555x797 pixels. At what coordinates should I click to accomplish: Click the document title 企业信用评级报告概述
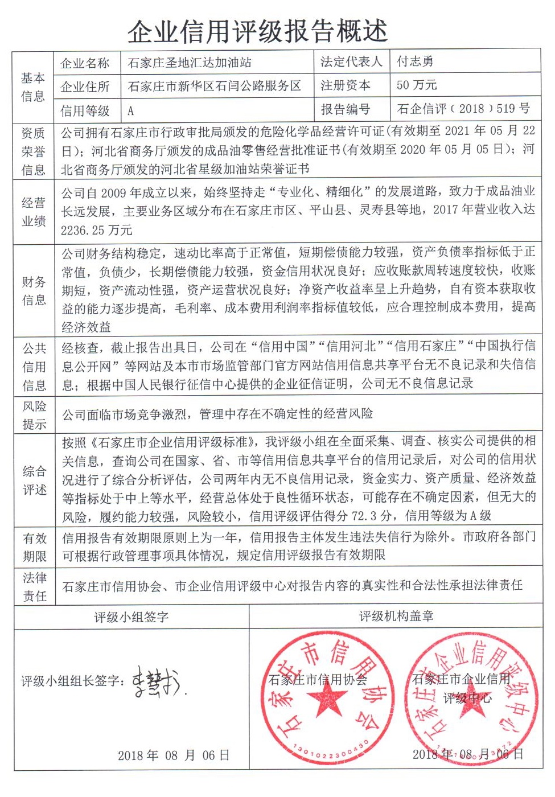pos(257,31)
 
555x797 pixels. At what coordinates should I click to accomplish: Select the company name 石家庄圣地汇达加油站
pos(190,62)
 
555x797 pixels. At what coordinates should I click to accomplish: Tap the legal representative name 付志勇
pos(415,61)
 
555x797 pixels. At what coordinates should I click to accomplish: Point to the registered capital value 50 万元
pos(417,85)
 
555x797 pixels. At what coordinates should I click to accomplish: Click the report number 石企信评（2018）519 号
pos(463,109)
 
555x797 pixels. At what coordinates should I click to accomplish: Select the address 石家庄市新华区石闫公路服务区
pos(215,86)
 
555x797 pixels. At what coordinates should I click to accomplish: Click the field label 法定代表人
pos(351,61)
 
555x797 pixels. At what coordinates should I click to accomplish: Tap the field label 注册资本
pos(346,85)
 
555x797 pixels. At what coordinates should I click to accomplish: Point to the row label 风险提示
pos(34,415)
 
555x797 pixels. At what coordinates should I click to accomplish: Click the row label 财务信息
pos(34,290)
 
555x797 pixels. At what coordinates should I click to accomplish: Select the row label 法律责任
pos(34,587)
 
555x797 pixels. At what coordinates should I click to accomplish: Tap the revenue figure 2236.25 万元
pos(96,230)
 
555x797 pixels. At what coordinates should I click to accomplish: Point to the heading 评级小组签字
pos(131,617)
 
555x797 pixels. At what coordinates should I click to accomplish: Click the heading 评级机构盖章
pos(396,616)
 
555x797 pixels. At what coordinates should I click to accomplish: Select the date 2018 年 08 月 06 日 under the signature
pos(174,755)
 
